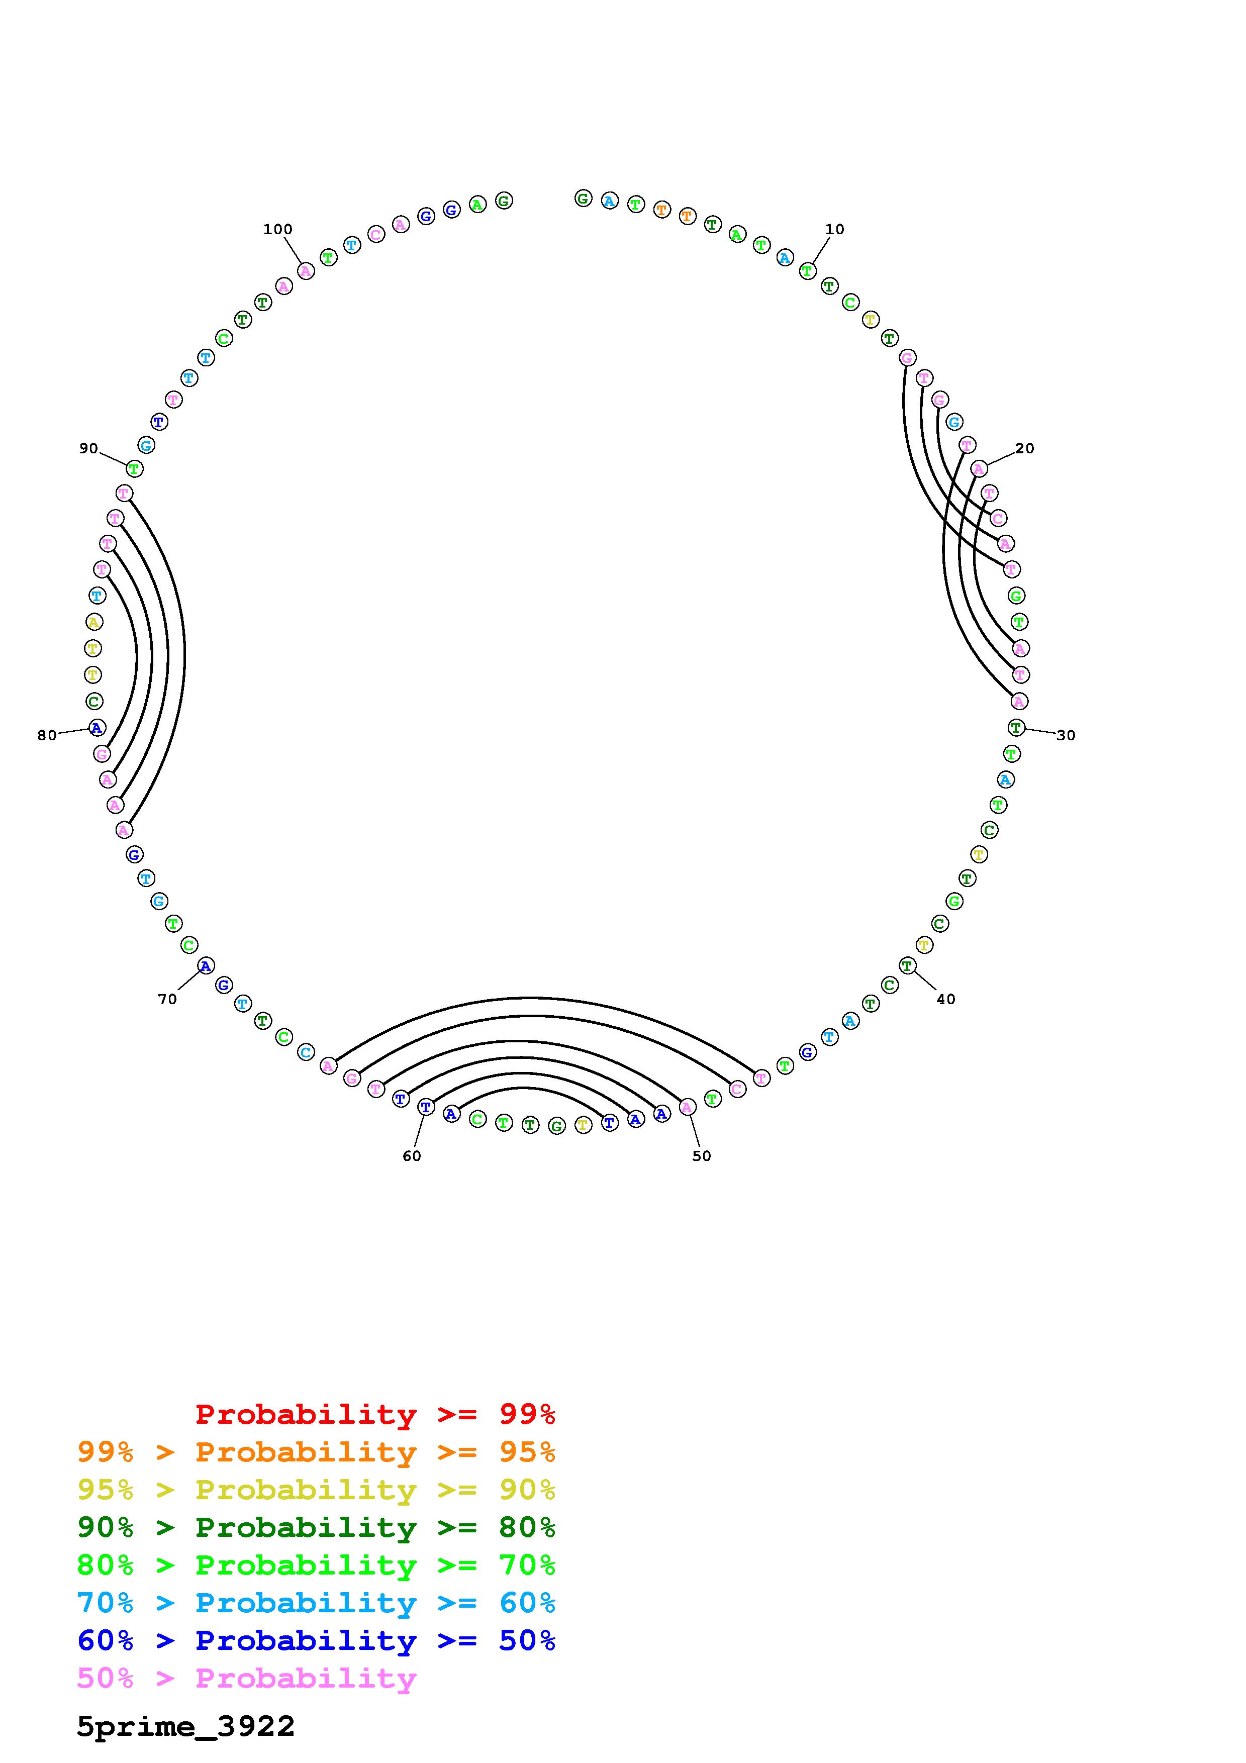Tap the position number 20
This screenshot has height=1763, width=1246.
(1025, 448)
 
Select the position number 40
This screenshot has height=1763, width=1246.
(946, 999)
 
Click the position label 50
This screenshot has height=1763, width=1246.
(702, 1155)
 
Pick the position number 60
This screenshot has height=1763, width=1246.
(412, 1155)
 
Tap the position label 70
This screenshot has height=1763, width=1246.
(167, 999)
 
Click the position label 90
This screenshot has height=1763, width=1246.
(89, 448)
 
